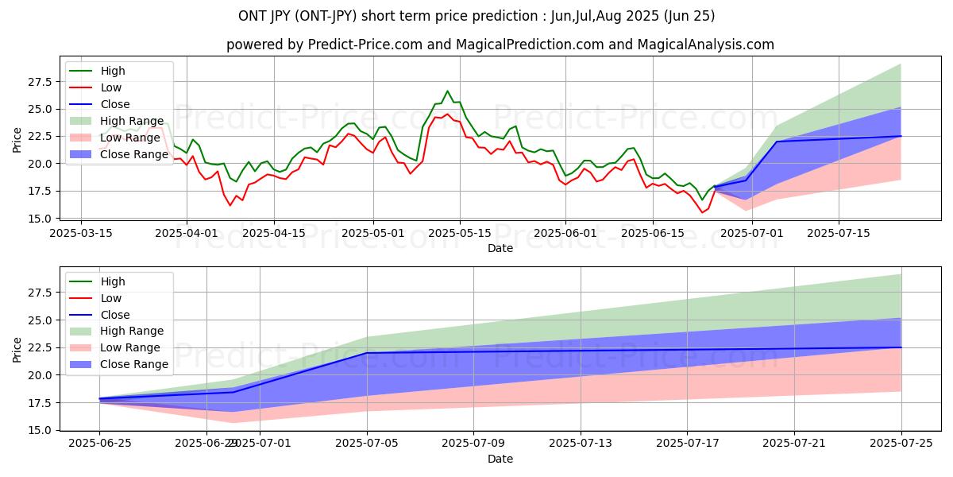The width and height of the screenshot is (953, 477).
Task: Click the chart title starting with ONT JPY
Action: point(476,16)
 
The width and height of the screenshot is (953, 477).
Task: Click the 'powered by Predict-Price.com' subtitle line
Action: point(500,45)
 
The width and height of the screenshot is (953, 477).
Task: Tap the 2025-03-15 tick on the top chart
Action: point(81,233)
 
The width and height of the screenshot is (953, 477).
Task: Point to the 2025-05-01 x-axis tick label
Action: point(373,233)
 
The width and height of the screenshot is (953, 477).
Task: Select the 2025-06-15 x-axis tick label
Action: point(652,233)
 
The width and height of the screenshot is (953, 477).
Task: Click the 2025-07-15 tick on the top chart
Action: point(839,233)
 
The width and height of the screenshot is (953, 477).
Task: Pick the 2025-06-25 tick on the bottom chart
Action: point(99,444)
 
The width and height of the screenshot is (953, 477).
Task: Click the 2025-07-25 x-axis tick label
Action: point(901,444)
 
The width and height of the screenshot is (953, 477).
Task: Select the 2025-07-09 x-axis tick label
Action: point(473,444)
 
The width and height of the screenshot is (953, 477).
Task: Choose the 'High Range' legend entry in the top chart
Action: point(132,121)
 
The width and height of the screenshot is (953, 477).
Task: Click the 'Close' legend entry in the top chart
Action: point(115,104)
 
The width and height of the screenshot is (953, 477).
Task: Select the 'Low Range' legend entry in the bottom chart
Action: point(130,347)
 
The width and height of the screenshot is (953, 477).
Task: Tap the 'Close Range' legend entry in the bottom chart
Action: point(134,364)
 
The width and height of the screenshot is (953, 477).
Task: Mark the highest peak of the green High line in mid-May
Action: point(447,91)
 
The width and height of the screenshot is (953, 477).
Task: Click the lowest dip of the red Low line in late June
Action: point(702,212)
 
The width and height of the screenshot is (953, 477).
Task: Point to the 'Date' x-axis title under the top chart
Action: point(500,248)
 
